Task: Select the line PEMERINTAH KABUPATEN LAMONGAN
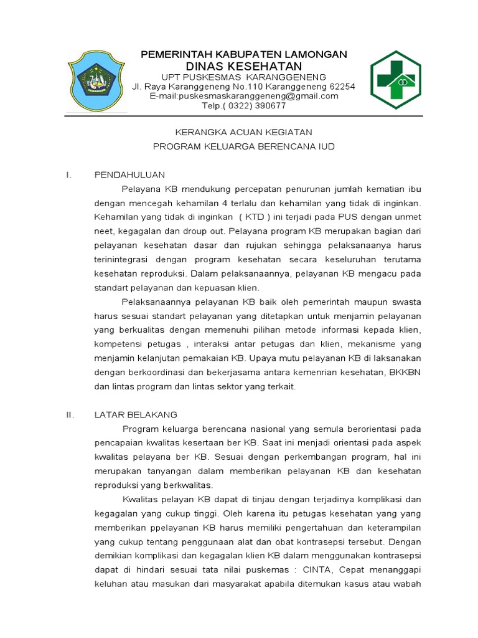244,54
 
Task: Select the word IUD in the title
327,147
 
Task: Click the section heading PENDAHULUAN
129,174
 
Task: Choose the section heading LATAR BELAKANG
136,414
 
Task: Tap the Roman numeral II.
70,414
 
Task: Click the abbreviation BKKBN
406,373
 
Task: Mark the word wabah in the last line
408,584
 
